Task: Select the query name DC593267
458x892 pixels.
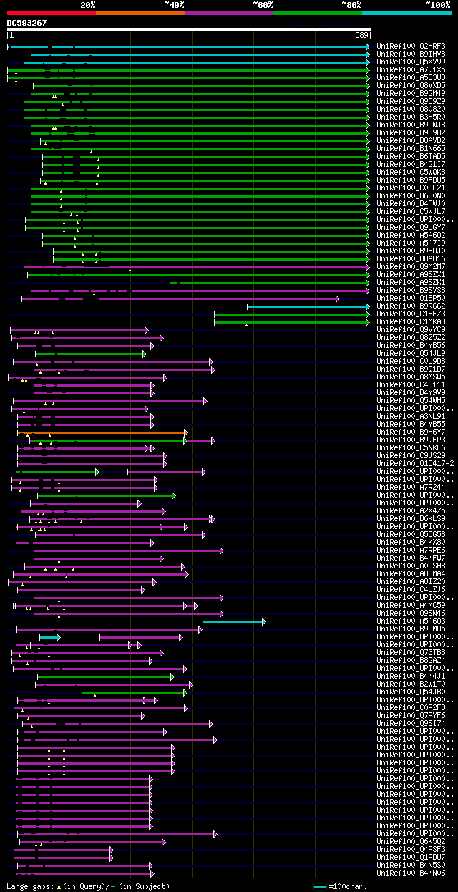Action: (26, 23)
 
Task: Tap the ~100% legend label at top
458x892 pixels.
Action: (437, 4)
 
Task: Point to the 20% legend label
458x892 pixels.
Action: (88, 4)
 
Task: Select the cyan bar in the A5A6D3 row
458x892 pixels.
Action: (233, 621)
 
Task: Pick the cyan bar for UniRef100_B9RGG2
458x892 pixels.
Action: (308, 306)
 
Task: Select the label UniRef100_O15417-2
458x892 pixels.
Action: (415, 464)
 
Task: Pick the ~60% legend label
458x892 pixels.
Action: (263, 4)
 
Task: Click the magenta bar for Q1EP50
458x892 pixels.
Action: (179, 299)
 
